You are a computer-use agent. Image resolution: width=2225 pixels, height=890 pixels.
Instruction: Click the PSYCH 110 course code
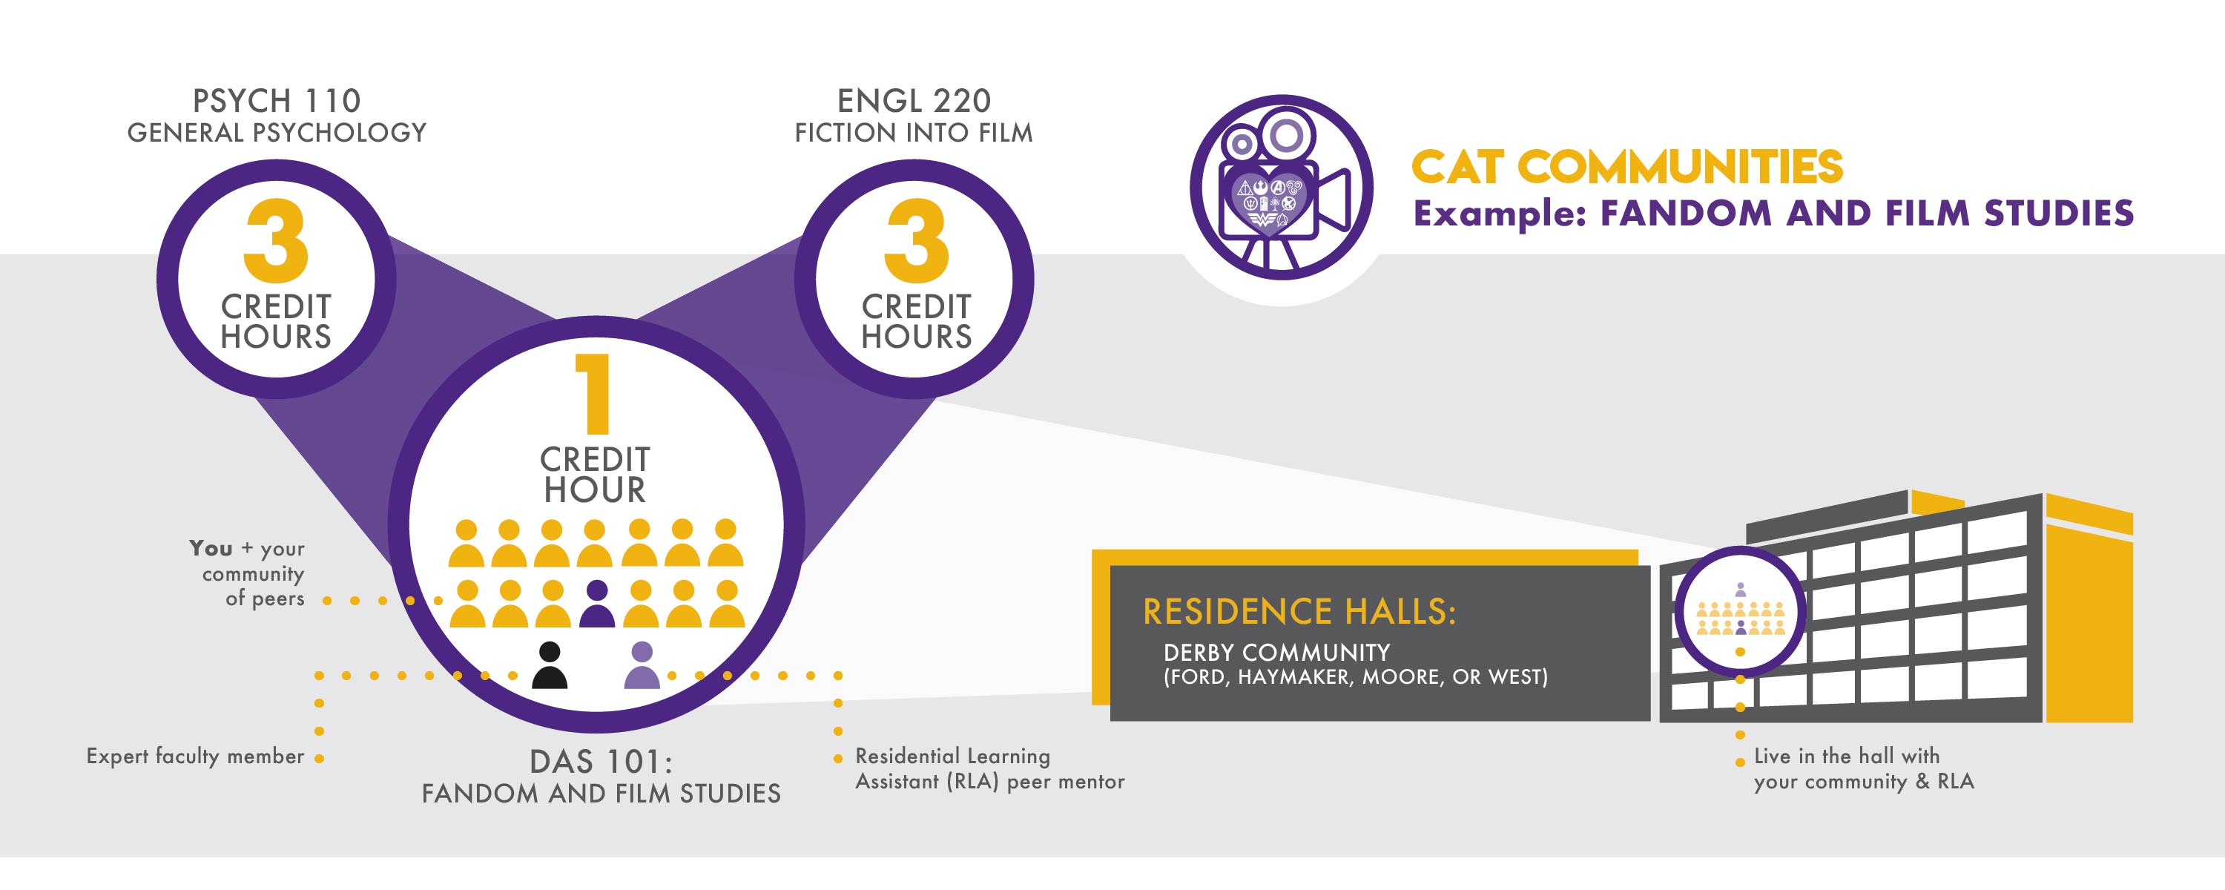click(x=277, y=101)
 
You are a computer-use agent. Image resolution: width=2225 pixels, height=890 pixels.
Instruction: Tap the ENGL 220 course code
click(x=914, y=101)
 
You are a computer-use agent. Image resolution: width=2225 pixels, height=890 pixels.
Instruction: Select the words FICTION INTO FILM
click(x=914, y=133)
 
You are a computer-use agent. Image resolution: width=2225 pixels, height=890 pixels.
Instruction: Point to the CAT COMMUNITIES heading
click(x=1626, y=167)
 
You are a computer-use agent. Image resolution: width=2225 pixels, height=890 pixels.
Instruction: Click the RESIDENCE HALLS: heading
click(x=1299, y=612)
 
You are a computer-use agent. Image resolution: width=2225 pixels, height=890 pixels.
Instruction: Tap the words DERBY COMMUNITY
click(x=1276, y=653)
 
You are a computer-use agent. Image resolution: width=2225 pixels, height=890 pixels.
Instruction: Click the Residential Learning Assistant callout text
click(x=989, y=768)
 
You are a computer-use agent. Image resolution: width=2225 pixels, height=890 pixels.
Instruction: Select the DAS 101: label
click(x=600, y=762)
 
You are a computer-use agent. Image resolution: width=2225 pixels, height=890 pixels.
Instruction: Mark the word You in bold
click(x=211, y=549)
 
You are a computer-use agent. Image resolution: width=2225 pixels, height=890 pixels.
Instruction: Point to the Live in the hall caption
click(x=1863, y=768)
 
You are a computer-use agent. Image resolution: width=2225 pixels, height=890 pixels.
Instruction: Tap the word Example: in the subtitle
click(x=1500, y=214)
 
